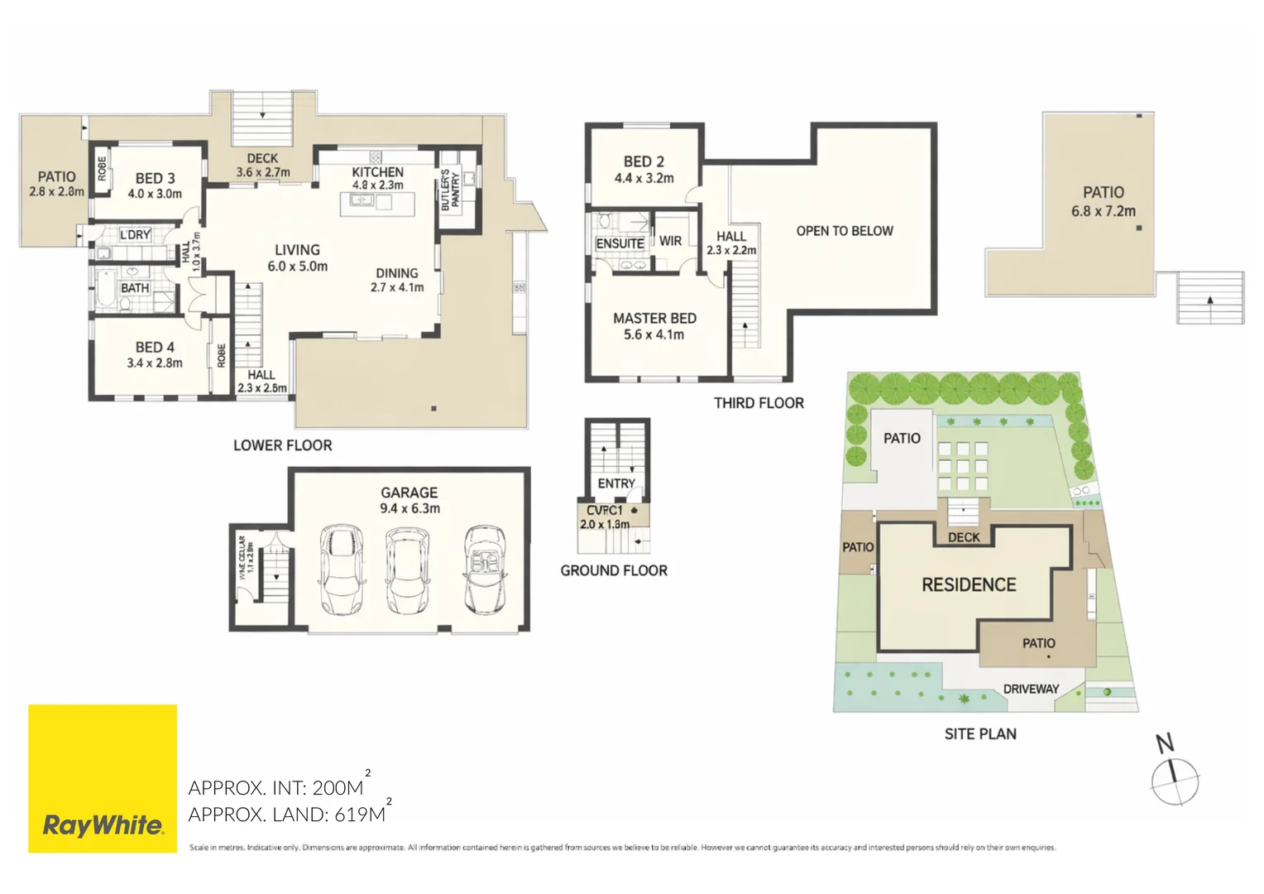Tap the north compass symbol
tap(1174, 779)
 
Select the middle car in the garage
tap(408, 571)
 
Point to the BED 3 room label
tap(155, 178)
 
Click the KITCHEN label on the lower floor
tap(377, 171)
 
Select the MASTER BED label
tap(654, 318)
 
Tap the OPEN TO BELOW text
tap(844, 231)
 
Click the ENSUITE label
tap(620, 243)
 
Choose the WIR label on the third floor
tap(670, 241)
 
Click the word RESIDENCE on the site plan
tap(969, 584)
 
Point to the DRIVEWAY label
tap(1031, 689)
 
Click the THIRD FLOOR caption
tap(759, 403)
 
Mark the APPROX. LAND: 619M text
tap(287, 815)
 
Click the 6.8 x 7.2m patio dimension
tap(1103, 211)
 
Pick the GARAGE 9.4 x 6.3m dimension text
tap(409, 508)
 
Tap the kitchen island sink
tap(361, 200)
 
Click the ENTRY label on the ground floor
tap(616, 483)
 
